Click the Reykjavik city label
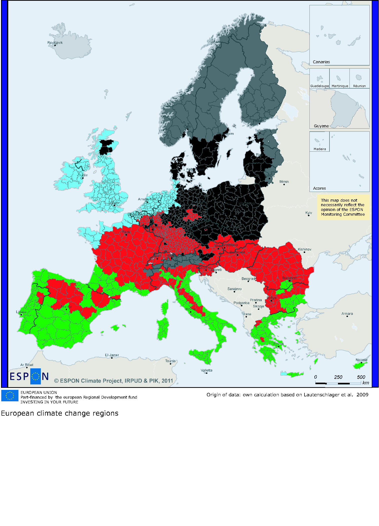pyautogui.click(x=55, y=43)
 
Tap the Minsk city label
pyautogui.click(x=284, y=182)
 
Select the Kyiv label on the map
pyautogui.click(x=308, y=213)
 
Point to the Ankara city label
pyautogui.click(x=347, y=314)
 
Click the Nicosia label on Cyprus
pyautogui.click(x=361, y=360)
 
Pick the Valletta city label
pyautogui.click(x=206, y=370)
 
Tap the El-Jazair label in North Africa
pyautogui.click(x=112, y=355)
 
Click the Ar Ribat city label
pyautogui.click(x=27, y=365)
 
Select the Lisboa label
pyautogui.click(x=21, y=312)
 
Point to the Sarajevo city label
pyautogui.click(x=234, y=289)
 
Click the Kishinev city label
pyautogui.click(x=304, y=249)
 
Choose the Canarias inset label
pyautogui.click(x=321, y=62)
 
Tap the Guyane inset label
pyautogui.click(x=321, y=126)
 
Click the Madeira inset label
pyautogui.click(x=319, y=149)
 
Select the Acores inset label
pyautogui.click(x=319, y=188)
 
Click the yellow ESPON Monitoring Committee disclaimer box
pyautogui.click(x=343, y=207)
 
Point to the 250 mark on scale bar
pyautogui.click(x=338, y=377)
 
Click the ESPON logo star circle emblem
pyautogui.click(x=36, y=376)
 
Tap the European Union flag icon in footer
pyautogui.click(x=10, y=396)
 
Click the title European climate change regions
pyautogui.click(x=60, y=413)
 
